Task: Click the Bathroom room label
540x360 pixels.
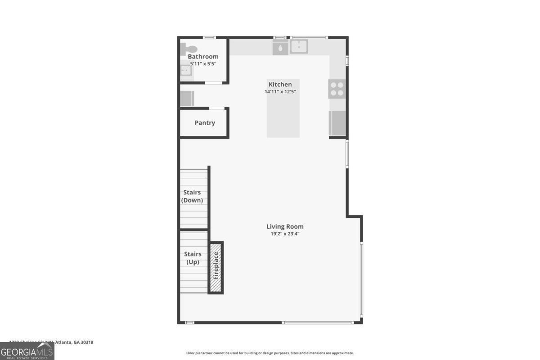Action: click(203, 57)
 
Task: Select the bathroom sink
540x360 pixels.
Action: click(186, 71)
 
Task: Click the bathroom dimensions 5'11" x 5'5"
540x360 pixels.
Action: click(203, 64)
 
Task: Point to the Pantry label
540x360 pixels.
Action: click(205, 123)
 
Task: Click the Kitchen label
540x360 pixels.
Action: click(280, 85)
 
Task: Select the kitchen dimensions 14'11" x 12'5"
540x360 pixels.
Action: click(280, 92)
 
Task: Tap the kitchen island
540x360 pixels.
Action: click(283, 115)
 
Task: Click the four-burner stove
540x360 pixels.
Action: click(337, 89)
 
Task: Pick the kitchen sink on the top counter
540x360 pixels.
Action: click(299, 47)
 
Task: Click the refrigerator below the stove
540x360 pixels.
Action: click(337, 123)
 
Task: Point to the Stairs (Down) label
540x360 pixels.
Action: click(192, 196)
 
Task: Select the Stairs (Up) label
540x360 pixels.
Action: click(192, 258)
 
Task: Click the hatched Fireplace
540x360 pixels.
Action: click(216, 267)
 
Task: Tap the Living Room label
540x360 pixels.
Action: click(285, 227)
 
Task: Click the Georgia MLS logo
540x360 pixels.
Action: click(27, 351)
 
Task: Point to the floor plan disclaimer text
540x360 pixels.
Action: click(270, 353)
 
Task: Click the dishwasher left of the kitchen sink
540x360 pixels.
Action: click(280, 47)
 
